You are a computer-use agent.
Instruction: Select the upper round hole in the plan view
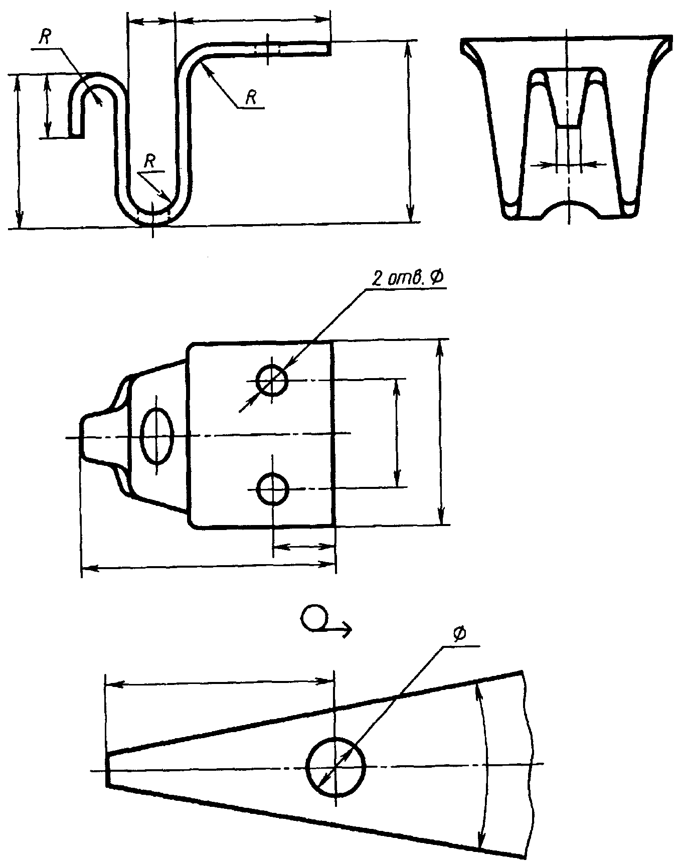tap(271, 381)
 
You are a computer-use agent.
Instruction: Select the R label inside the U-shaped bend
tap(149, 161)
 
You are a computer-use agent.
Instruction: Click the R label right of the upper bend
tap(251, 98)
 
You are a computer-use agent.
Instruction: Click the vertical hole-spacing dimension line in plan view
tap(397, 433)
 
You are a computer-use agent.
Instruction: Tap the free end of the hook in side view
tap(76, 134)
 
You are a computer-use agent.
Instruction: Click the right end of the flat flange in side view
tap(328, 48)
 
